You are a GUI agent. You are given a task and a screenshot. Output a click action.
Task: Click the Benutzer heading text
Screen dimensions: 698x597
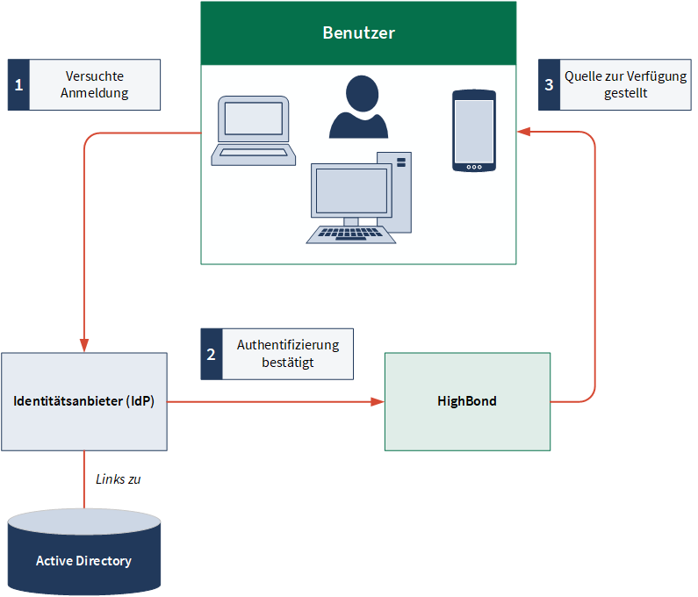[358, 33]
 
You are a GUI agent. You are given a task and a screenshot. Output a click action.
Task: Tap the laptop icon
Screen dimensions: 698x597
[253, 131]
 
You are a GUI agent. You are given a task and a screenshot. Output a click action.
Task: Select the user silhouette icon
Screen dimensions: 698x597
[359, 107]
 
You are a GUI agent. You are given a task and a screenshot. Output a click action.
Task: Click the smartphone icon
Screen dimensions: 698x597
[474, 131]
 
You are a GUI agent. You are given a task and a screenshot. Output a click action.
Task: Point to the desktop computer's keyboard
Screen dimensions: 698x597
[351, 234]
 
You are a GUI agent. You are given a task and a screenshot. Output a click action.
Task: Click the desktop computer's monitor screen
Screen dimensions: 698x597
[351, 191]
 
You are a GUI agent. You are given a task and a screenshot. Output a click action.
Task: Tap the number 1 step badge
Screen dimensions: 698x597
[18, 84]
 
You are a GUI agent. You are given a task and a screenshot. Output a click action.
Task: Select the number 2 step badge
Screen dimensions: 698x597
[212, 354]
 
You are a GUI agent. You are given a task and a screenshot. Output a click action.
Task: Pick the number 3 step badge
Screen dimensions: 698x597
[550, 84]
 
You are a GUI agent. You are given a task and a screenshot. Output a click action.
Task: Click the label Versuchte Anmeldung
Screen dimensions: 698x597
[94, 84]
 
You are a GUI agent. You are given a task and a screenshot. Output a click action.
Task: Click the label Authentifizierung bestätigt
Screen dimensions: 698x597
[288, 354]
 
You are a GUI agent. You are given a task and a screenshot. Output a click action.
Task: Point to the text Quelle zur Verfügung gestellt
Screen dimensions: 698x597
[625, 84]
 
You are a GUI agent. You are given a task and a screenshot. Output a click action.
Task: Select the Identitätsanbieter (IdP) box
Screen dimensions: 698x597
[84, 401]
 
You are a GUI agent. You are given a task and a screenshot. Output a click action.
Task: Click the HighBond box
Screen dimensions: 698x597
[467, 401]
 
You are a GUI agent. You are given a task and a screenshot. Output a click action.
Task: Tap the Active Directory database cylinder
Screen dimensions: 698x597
[84, 552]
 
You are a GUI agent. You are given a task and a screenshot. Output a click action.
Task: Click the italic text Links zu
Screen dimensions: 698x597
[118, 479]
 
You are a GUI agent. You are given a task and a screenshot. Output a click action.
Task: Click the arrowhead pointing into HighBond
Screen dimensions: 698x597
[378, 402]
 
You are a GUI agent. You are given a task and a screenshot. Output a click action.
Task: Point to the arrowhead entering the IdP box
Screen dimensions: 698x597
[84, 345]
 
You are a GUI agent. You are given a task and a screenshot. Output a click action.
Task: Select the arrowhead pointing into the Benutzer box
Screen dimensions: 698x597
[523, 132]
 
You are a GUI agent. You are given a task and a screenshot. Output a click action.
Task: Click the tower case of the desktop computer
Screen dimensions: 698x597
[394, 192]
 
